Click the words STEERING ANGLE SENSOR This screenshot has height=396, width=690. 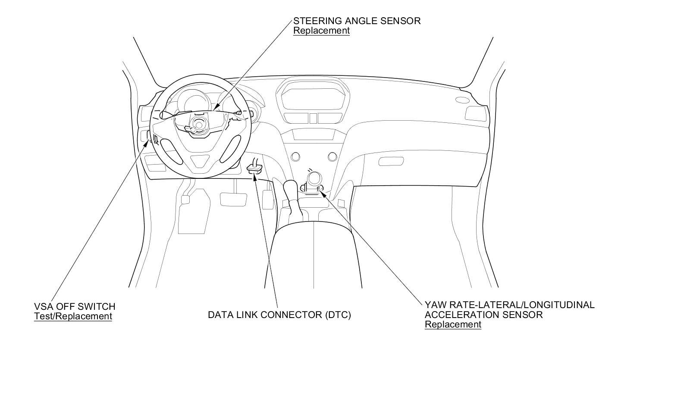[x=357, y=21]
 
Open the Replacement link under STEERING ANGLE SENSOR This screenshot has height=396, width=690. [x=321, y=31]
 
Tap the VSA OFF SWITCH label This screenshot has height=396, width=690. [x=75, y=307]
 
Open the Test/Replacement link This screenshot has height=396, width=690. [x=73, y=316]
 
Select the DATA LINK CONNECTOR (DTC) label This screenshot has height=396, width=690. [x=279, y=315]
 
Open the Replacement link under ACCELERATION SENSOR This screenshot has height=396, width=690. [x=453, y=324]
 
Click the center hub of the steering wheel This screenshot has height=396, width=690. [x=199, y=123]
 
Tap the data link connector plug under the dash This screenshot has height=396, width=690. [x=254, y=168]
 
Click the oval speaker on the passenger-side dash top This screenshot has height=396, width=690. [x=462, y=100]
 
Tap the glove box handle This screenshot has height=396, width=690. [x=391, y=162]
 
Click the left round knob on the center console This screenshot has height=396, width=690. [x=295, y=156]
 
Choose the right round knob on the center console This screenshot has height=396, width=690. [x=332, y=156]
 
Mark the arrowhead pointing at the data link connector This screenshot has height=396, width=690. [x=255, y=176]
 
